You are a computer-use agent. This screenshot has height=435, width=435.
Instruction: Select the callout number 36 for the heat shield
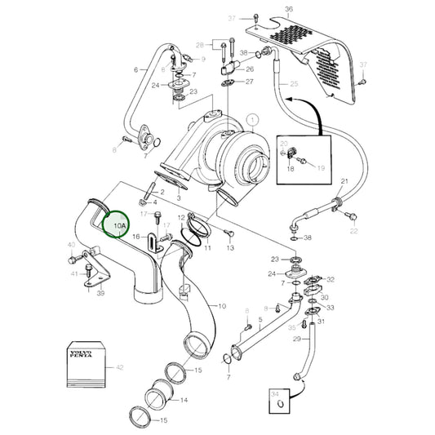288,11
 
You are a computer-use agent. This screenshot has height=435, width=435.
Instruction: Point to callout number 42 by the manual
120,368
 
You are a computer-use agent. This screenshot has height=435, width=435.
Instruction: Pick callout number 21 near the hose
344,180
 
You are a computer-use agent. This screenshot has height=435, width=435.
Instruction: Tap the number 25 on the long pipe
294,84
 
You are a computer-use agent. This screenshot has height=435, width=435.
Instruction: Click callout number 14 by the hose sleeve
184,400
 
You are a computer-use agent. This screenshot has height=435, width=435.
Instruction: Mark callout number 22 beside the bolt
353,231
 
